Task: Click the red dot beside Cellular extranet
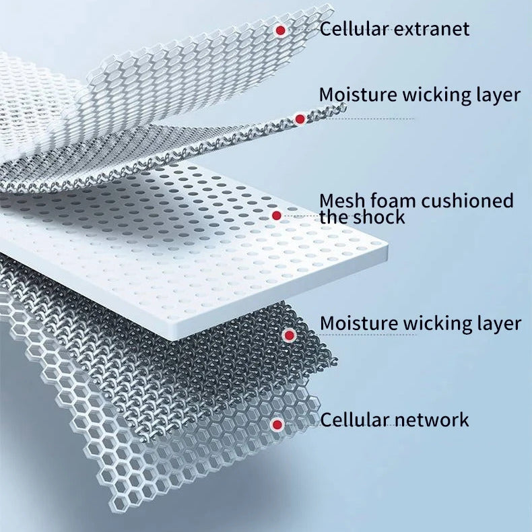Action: pos(280,30)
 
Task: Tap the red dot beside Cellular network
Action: pos(277,424)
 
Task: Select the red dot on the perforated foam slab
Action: pos(277,215)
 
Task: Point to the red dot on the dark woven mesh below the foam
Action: pos(289,335)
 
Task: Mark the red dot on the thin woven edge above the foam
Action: pos(300,119)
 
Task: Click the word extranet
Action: pos(432,29)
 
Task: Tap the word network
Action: pos(431,420)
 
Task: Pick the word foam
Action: pos(392,201)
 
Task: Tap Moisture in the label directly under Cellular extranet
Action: pos(359,95)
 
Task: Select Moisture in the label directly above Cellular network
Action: pos(360,323)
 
